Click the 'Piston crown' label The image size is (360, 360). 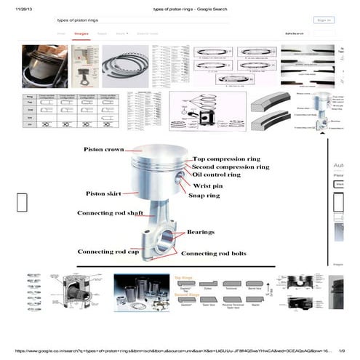105,150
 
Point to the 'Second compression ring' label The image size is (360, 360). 232,167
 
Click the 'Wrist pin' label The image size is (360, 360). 207,185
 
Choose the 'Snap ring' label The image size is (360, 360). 205,195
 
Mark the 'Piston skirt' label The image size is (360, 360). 103,194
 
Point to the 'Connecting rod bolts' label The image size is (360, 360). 213,253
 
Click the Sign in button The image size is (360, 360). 324,20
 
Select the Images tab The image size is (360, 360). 81,33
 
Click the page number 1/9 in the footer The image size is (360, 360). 342,351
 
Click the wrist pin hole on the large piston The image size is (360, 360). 178,179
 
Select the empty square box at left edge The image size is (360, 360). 22,202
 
